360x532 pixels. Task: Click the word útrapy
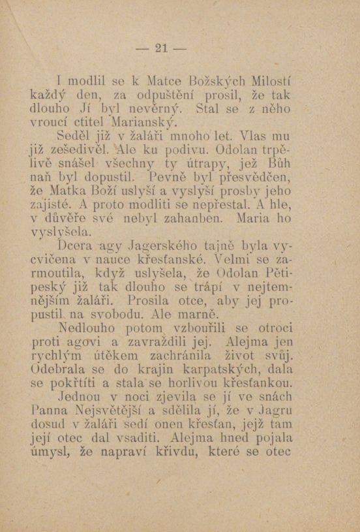click(x=218, y=164)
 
